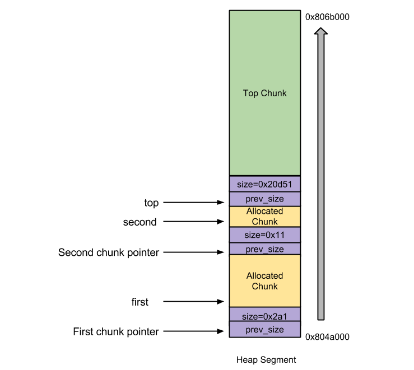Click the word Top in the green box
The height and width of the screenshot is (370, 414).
tap(250, 93)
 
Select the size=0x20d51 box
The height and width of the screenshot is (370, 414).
tap(264, 184)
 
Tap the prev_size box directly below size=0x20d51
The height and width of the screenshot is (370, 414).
tap(264, 199)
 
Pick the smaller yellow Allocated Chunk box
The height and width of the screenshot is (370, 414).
tap(264, 216)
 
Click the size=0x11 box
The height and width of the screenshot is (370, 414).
tap(264, 235)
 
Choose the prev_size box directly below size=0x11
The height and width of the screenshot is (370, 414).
tap(264, 249)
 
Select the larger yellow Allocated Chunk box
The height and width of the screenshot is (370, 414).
tap(264, 280)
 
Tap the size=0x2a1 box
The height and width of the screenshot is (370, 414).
tap(264, 316)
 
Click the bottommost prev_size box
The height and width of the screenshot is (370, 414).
tap(264, 330)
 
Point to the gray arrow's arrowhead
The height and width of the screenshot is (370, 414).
tap(320, 32)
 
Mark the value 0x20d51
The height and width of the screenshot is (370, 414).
tap(275, 184)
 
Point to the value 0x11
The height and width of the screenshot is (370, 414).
tap(275, 235)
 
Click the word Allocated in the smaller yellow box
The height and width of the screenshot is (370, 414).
tap(264, 211)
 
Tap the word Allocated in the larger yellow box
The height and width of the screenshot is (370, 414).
tap(264, 275)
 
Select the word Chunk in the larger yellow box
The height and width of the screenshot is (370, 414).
tap(264, 286)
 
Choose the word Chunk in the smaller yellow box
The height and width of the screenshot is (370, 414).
tap(264, 222)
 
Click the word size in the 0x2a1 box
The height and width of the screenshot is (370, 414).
tap(249, 316)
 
